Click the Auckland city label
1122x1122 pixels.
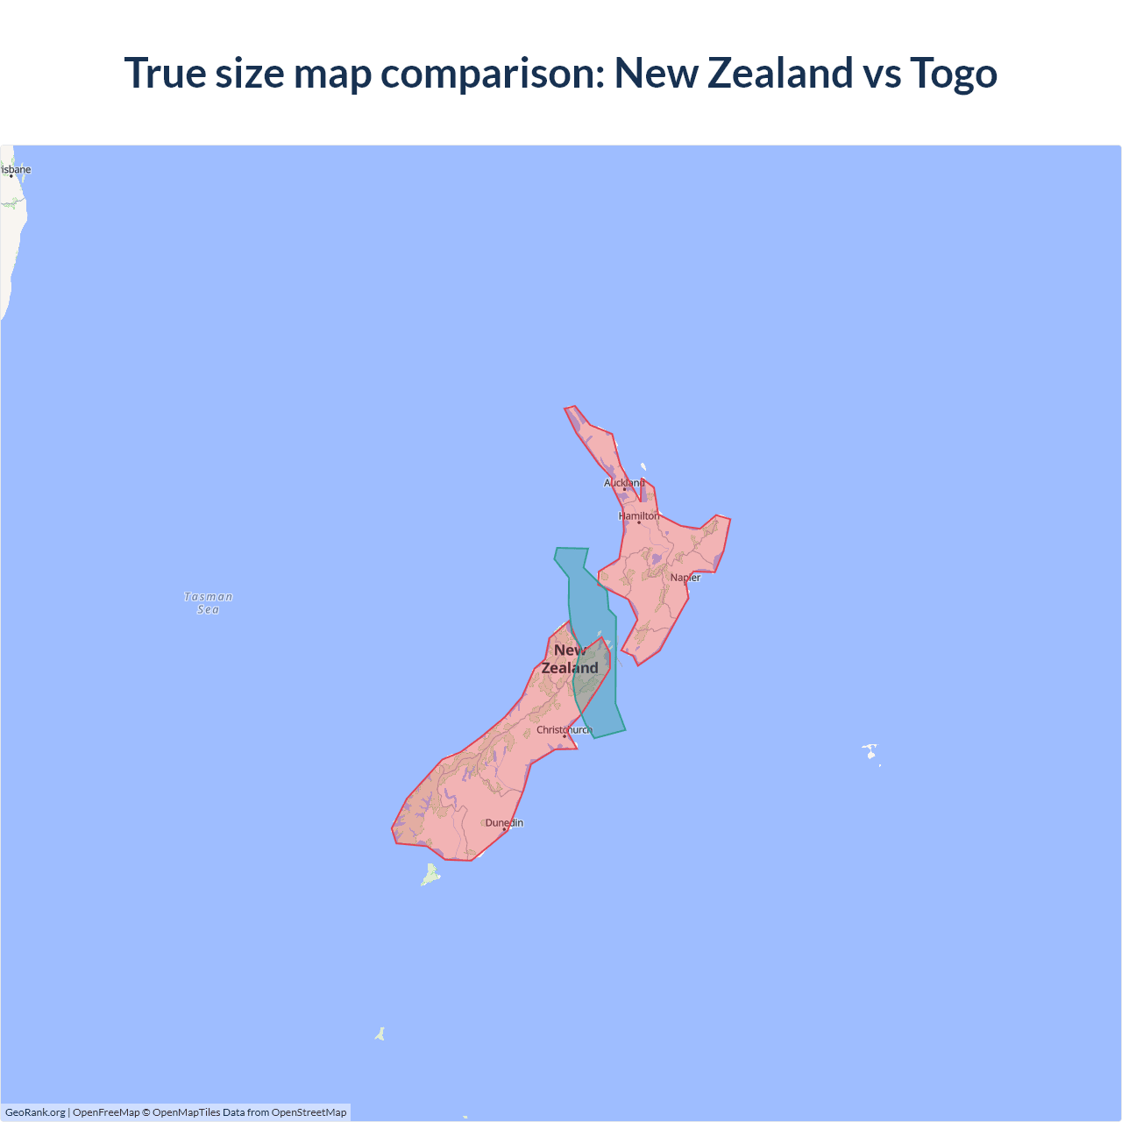[x=624, y=483]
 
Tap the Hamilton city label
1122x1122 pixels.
[x=639, y=516]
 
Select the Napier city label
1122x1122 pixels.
[x=685, y=578]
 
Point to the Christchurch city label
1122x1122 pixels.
[x=564, y=730]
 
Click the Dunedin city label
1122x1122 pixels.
[x=504, y=823]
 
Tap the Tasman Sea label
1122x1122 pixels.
[x=209, y=603]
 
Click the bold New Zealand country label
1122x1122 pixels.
[x=570, y=659]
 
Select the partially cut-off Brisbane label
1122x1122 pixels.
[x=16, y=170]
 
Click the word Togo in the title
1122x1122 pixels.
[x=954, y=73]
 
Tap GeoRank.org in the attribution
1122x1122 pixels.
[x=35, y=1112]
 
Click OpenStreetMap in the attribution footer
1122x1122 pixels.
[x=309, y=1112]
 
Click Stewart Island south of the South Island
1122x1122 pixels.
[x=430, y=875]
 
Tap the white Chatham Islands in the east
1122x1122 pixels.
[x=870, y=751]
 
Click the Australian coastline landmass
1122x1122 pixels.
[x=9, y=237]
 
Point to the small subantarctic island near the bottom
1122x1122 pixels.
[x=380, y=1034]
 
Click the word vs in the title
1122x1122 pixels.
[x=882, y=73]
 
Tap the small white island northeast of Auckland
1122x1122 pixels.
[x=643, y=467]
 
